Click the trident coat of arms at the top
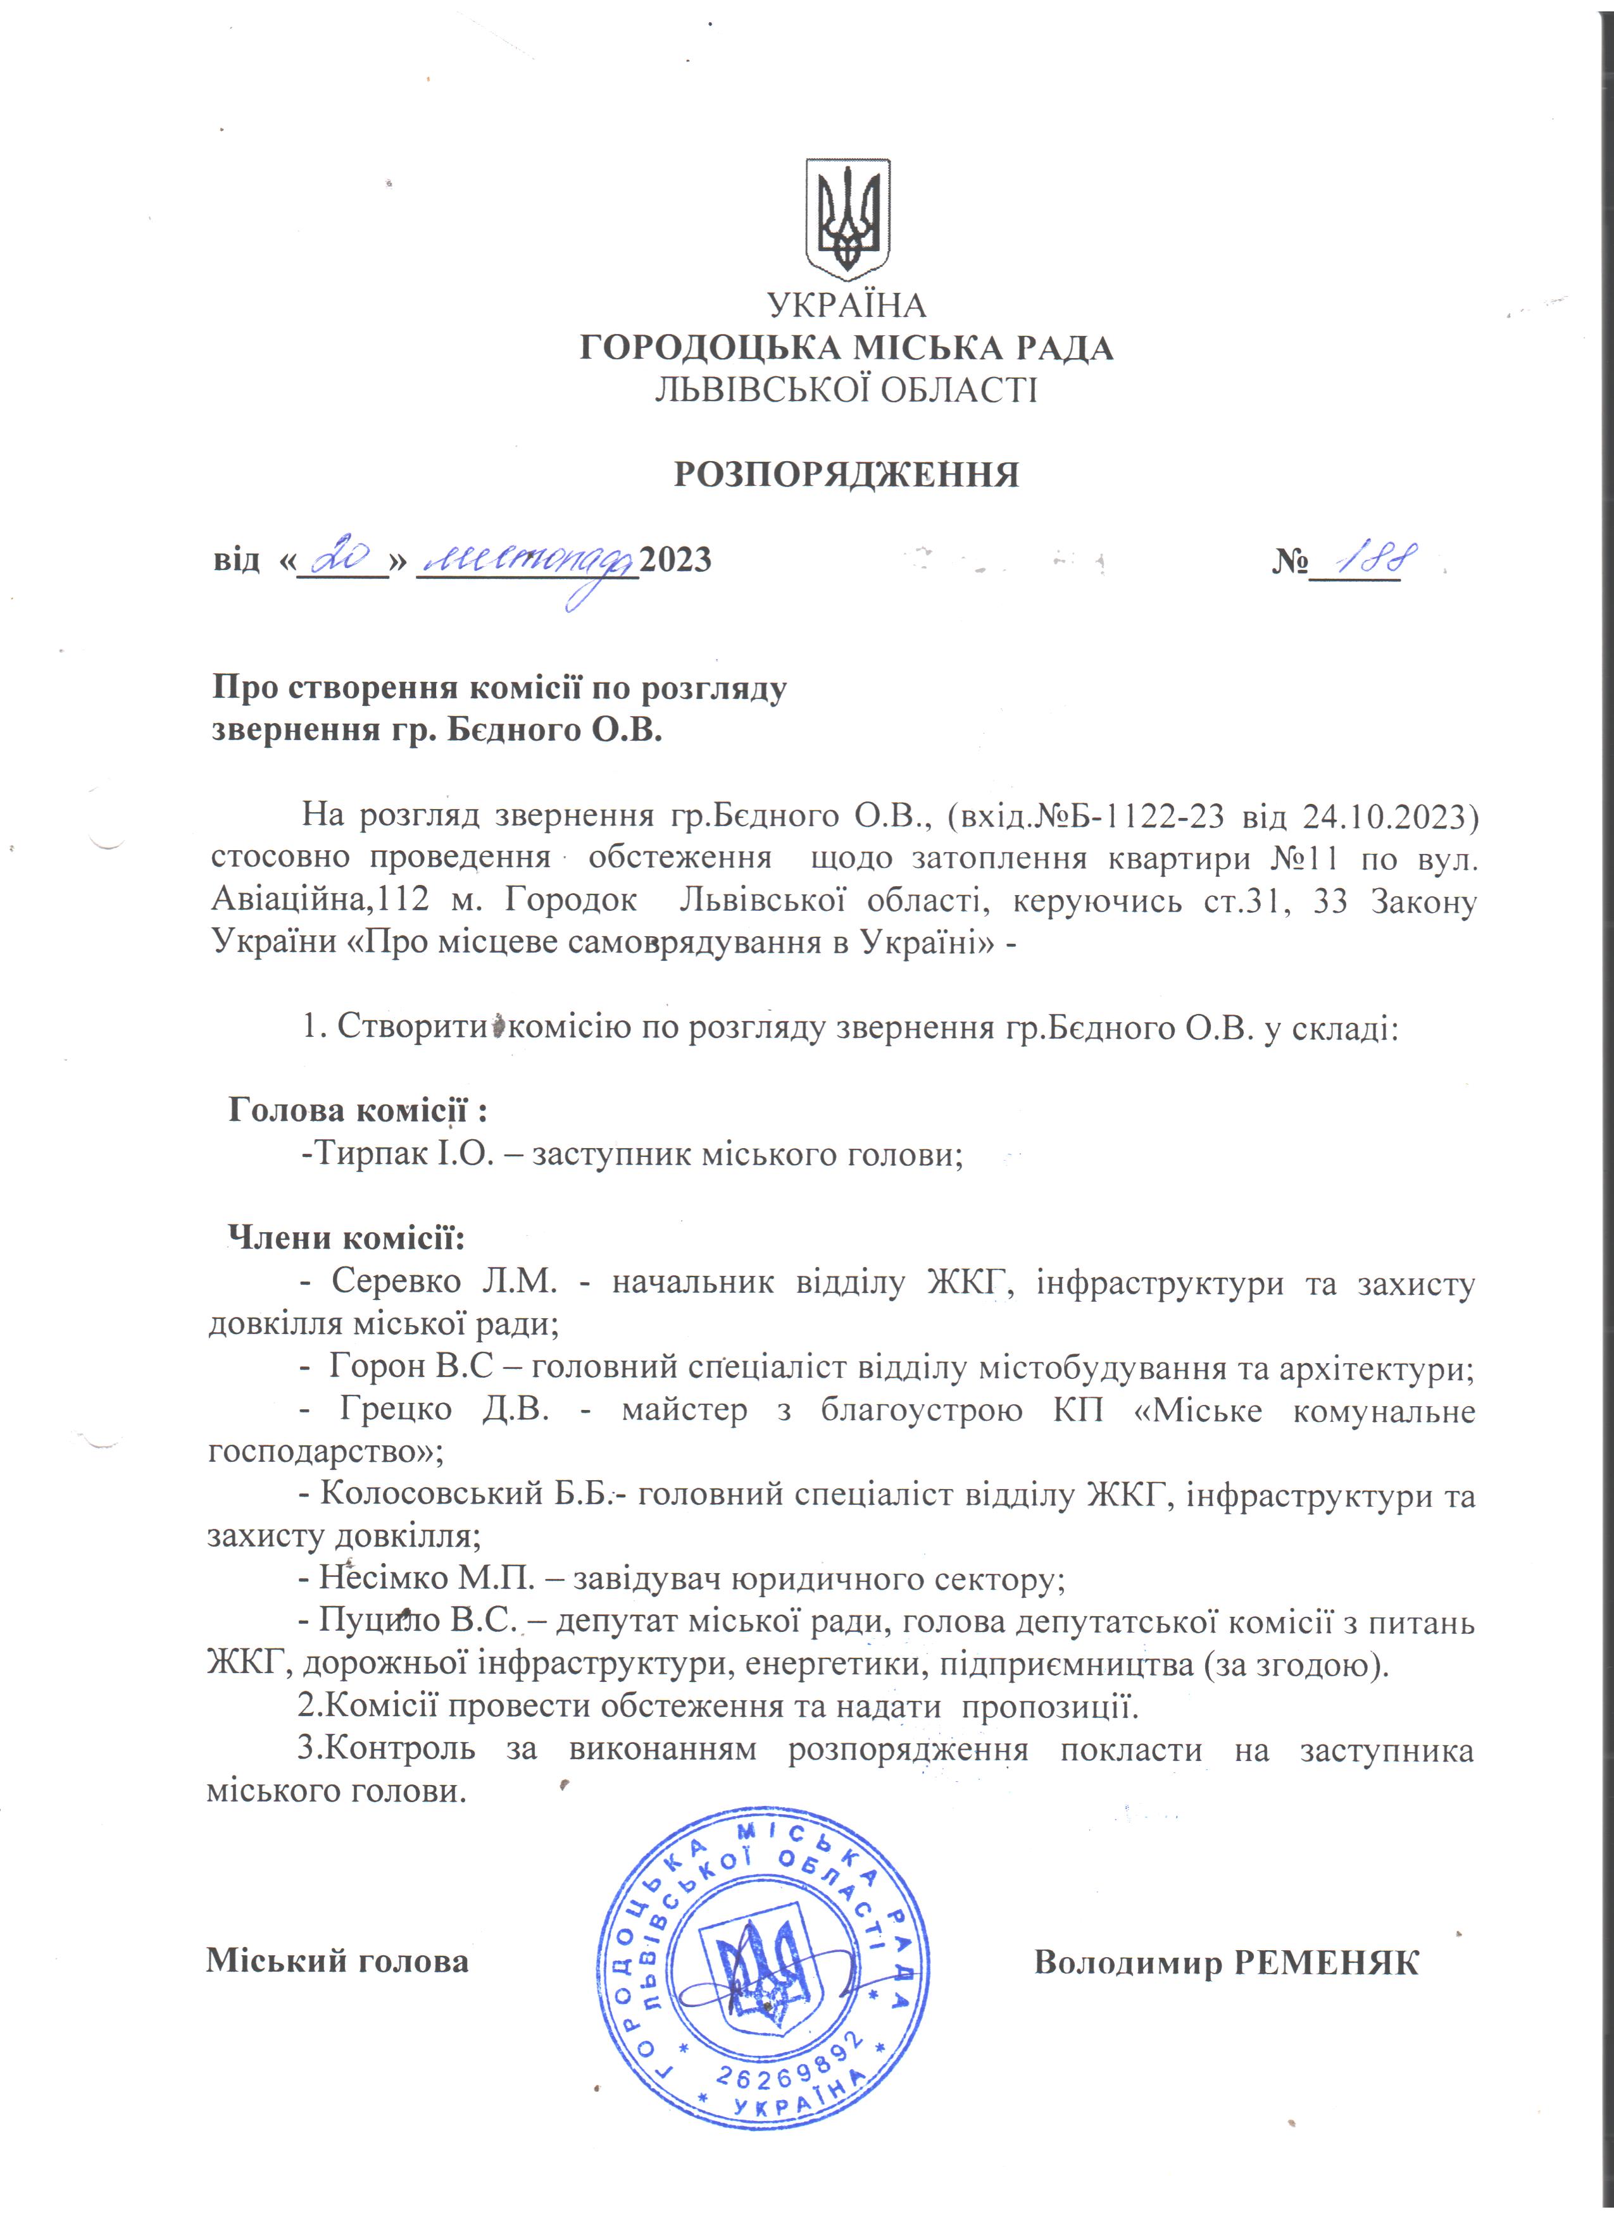[x=847, y=219]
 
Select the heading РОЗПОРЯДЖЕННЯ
[x=847, y=474]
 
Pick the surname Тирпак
[x=358, y=1156]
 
